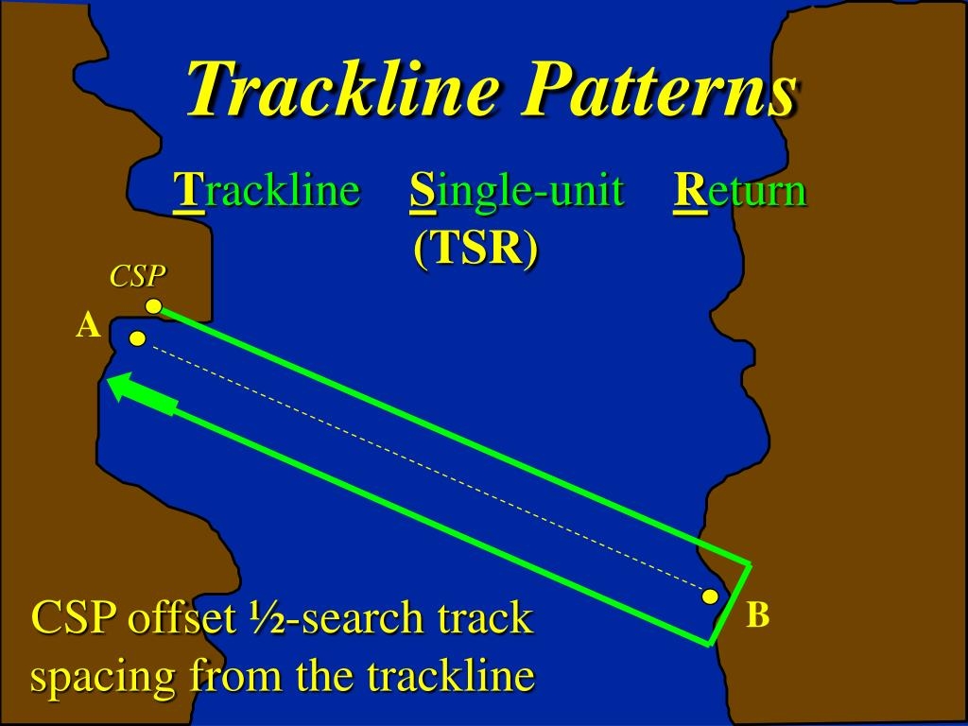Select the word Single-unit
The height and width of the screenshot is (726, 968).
517,191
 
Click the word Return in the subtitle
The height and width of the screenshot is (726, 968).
740,191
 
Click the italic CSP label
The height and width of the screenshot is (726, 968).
137,276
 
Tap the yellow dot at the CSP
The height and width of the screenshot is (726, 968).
153,306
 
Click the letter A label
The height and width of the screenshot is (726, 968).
88,327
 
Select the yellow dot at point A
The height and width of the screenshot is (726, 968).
137,338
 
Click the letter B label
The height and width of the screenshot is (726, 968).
757,616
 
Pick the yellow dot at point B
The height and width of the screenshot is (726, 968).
709,596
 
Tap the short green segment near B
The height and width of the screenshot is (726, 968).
731,604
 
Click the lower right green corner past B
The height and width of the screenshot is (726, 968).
709,644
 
